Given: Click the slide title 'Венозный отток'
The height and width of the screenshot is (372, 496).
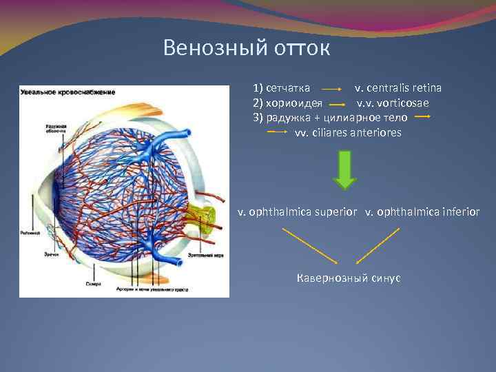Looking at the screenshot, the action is [247, 48].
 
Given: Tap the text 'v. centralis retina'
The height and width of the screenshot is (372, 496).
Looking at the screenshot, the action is [398, 89].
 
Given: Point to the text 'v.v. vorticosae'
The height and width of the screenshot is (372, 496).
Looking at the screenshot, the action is [392, 103].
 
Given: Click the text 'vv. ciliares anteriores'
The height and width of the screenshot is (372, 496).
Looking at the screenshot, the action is [348, 132].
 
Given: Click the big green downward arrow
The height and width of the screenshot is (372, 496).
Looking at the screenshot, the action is [344, 169].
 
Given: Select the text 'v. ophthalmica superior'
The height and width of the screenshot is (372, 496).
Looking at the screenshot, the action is [298, 211].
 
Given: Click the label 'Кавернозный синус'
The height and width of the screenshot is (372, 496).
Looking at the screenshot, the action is [348, 278].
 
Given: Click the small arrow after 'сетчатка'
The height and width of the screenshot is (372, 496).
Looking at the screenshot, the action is [333, 90].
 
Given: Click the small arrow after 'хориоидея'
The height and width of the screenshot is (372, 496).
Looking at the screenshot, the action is [337, 104].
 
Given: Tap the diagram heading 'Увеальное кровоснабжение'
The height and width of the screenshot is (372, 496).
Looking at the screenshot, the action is [68, 92].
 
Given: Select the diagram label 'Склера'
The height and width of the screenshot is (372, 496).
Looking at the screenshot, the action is [94, 283].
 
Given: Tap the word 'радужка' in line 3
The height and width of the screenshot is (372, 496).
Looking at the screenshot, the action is [287, 118].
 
